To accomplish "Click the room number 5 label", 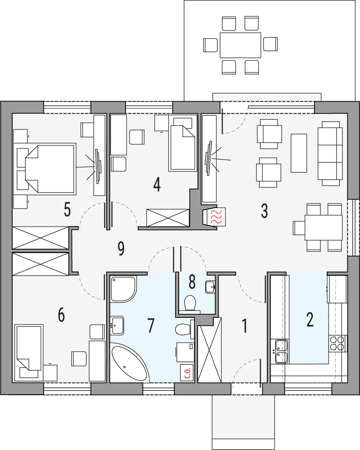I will point(67,209).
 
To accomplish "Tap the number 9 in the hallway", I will point(121,249).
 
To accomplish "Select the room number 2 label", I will point(310,319).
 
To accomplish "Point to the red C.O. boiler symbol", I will point(186,373).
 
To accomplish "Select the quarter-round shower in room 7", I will point(122,288).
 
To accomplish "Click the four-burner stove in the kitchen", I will point(338,343).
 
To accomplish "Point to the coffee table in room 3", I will point(299,153).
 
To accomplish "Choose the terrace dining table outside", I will point(240,45).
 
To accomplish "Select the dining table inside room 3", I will point(323,227).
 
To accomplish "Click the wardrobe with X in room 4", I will point(167,218).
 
